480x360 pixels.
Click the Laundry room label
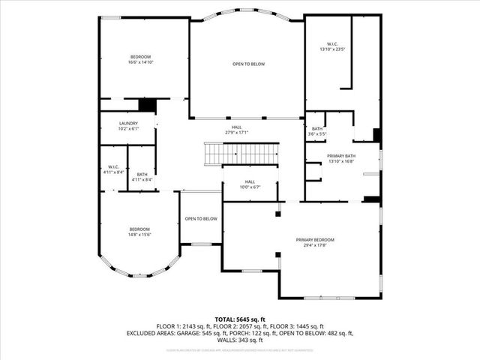pyautogui.click(x=128, y=123)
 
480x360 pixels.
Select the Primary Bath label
pyautogui.click(x=340, y=155)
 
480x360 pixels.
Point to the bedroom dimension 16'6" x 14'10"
pyautogui.click(x=140, y=63)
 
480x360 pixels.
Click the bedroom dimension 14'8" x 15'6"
pyautogui.click(x=139, y=235)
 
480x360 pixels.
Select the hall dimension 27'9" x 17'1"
pyautogui.click(x=237, y=133)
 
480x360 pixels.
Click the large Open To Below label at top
pyautogui.click(x=248, y=64)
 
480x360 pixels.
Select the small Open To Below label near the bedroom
pyautogui.click(x=201, y=219)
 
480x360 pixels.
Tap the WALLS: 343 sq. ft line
pyautogui.click(x=240, y=339)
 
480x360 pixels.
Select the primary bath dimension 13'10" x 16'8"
pyautogui.click(x=340, y=160)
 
